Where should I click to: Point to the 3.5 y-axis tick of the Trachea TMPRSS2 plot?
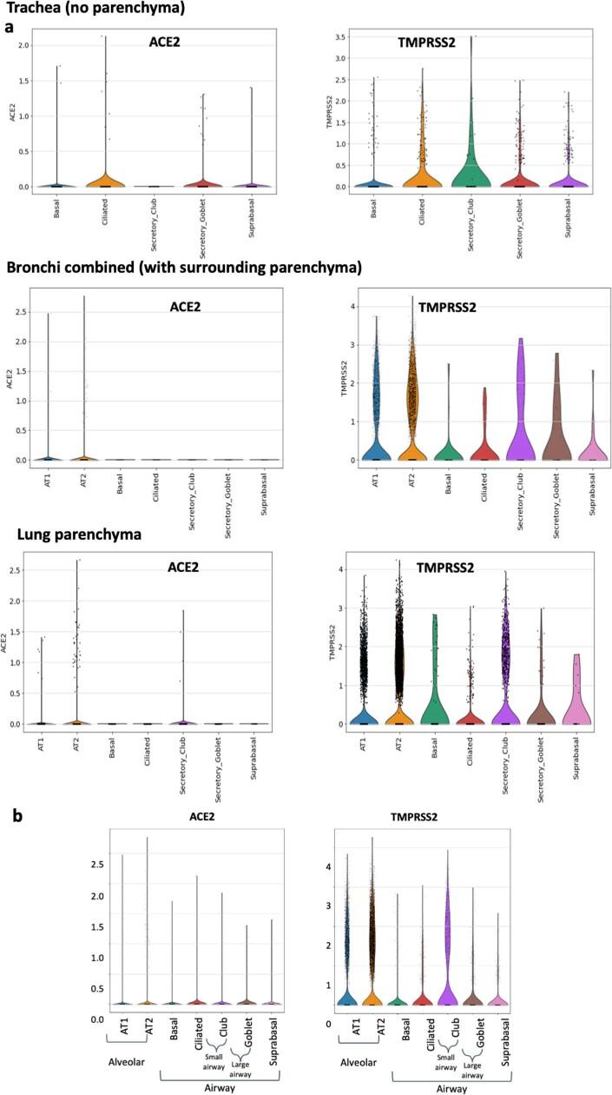pos(342,36)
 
